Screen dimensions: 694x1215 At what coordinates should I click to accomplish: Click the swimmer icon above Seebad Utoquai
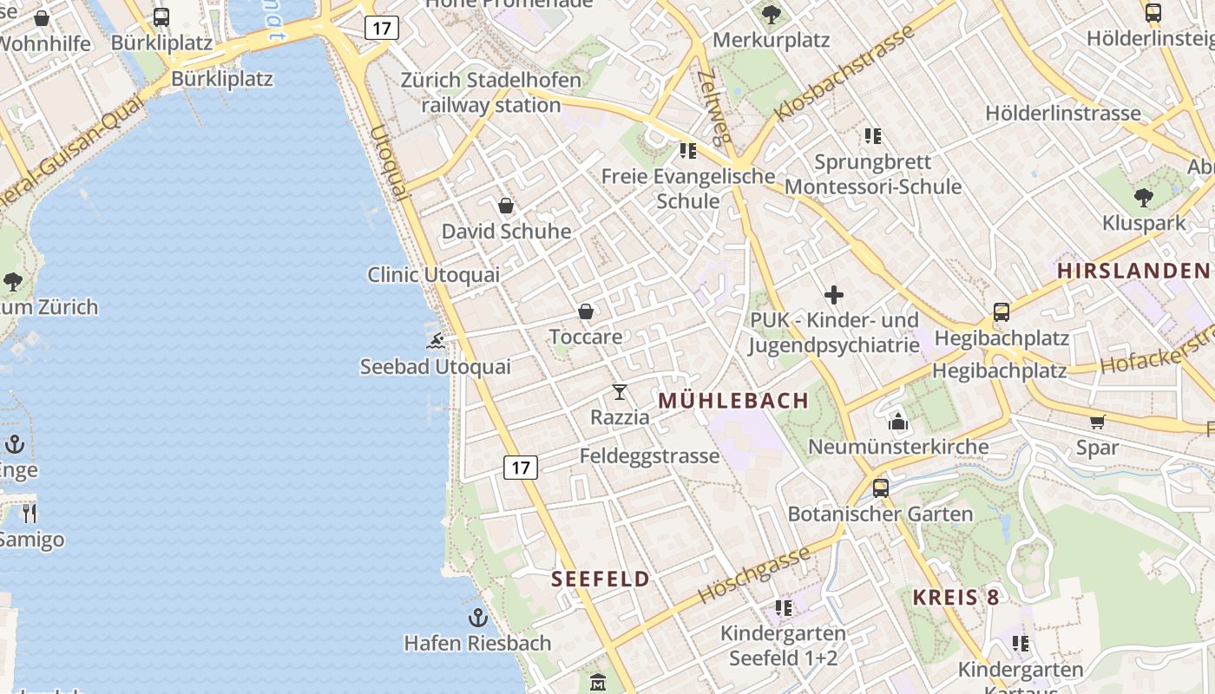[x=436, y=340]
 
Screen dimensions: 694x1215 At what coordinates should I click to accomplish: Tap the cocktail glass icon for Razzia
[x=620, y=392]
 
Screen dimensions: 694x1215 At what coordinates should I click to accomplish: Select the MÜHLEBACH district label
[x=733, y=401]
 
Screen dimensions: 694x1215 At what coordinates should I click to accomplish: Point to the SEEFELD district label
[x=601, y=579]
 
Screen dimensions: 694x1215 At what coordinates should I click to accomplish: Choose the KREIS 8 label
[x=956, y=597]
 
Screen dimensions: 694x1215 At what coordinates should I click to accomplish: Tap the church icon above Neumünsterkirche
[x=898, y=422]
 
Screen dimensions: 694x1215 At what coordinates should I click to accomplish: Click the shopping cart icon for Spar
[x=1098, y=422]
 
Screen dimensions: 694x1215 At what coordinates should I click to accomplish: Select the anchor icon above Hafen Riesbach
[x=477, y=618]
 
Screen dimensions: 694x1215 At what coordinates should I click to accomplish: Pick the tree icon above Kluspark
[x=1144, y=198]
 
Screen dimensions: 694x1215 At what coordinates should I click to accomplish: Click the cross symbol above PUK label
[x=834, y=295]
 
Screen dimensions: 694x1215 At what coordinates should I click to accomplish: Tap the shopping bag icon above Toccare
[x=586, y=311]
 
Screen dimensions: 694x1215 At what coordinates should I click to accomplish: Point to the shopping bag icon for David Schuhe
[x=506, y=206]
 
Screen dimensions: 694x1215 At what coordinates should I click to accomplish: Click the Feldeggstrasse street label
[x=649, y=455]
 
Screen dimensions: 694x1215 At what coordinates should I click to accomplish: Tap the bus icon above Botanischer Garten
[x=881, y=488]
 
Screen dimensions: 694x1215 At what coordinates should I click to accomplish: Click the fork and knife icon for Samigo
[x=30, y=514]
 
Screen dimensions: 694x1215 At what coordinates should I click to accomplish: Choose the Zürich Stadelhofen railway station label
[x=491, y=93]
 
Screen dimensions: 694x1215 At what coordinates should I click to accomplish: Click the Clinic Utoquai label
[x=433, y=275]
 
